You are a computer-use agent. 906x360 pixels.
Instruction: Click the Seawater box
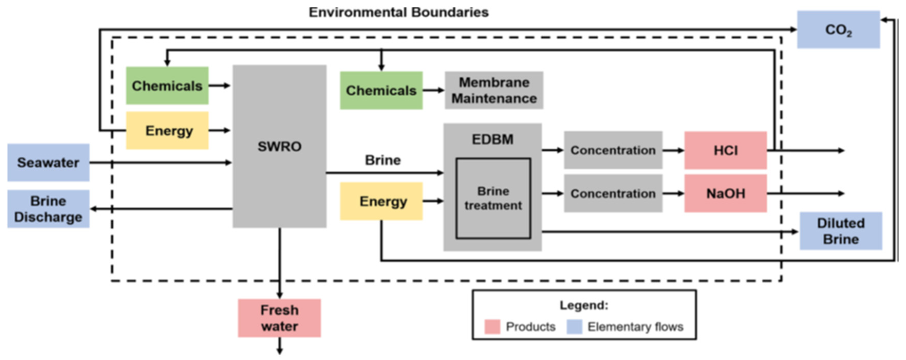point(48,163)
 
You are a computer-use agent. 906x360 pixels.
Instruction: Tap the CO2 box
point(838,30)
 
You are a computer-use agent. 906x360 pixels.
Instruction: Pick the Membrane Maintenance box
point(494,90)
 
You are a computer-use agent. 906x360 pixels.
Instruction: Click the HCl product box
point(725,150)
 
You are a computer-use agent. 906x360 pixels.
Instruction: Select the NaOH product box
point(725,193)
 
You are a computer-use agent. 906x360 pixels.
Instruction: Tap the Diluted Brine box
point(841,231)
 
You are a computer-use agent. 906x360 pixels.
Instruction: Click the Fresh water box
point(279,318)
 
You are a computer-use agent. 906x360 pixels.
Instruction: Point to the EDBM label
point(492,140)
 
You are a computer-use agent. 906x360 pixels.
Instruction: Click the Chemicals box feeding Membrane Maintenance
point(381,90)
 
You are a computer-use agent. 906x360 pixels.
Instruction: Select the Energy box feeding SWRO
point(167,130)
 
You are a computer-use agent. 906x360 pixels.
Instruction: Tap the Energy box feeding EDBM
point(381,201)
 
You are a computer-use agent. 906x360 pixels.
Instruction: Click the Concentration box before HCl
point(613,150)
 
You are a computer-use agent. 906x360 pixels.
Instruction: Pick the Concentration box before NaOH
point(613,193)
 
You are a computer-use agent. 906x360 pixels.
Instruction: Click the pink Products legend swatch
point(492,327)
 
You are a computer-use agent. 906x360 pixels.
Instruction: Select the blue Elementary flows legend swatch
point(574,327)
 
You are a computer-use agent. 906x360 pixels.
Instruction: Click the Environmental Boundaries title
point(399,12)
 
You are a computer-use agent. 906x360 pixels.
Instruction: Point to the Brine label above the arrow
point(383,160)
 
